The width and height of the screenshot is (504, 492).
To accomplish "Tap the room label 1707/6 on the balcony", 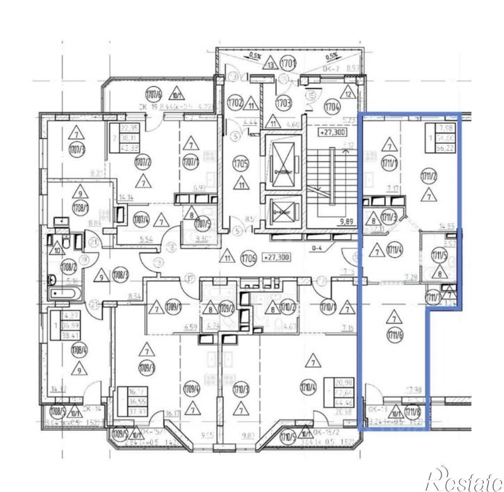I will tap(154, 95).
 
